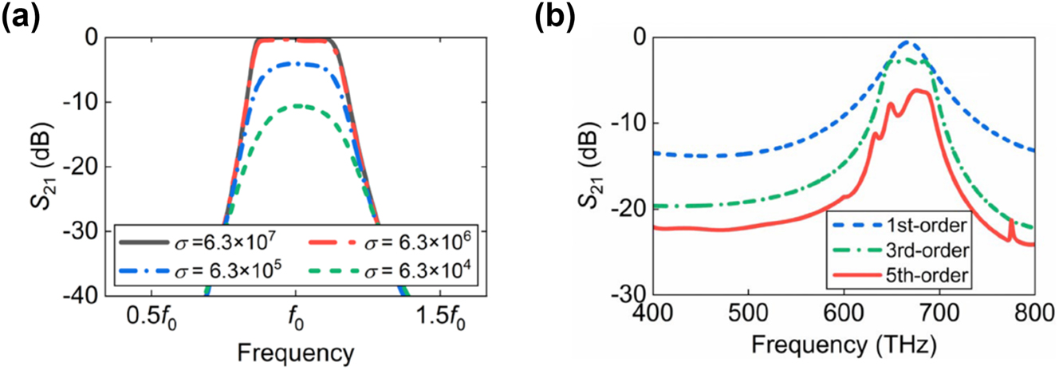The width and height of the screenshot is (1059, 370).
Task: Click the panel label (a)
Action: click(x=24, y=18)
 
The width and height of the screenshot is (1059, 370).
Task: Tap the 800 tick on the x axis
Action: click(x=1033, y=310)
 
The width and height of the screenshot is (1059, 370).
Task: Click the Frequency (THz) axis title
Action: click(x=843, y=346)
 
